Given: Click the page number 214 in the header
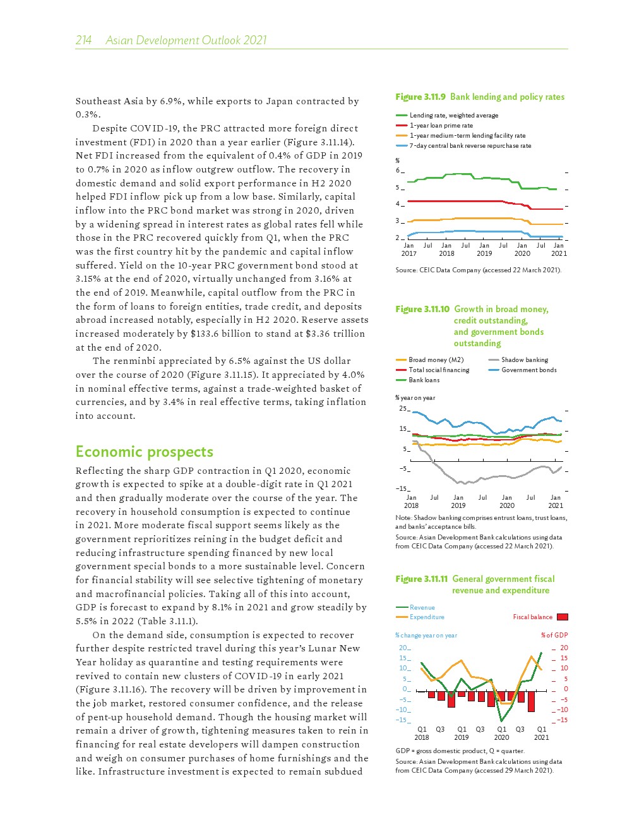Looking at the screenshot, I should pos(83,40).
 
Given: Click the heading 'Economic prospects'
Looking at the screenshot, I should pos(144,452).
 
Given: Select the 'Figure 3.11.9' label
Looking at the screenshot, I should pos(420,97).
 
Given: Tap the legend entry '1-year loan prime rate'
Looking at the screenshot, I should pos(441,125).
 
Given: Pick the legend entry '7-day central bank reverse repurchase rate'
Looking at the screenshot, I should pos(470,145).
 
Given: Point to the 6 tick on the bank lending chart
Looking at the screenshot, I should pos(398,171).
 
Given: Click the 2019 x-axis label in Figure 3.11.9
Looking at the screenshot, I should pos(484,253).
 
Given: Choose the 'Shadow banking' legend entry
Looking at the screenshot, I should pos(524,360).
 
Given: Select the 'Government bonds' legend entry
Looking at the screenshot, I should pos(528,370).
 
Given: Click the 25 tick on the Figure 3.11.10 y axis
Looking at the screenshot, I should pos(402,408).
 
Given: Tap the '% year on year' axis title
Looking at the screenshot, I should pos(415,397).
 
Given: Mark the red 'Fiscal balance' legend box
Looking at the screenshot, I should pos(562,617).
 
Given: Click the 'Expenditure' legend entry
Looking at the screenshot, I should pos(427,617).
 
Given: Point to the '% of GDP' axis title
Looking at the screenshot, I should pos(554,635).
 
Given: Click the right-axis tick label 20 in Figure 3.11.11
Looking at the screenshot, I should pos(564,648).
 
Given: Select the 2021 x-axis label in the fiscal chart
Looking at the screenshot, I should pos(541,737).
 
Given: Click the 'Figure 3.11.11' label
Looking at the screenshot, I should pos(422,579).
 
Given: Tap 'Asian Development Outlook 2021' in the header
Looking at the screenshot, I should pos(186,40).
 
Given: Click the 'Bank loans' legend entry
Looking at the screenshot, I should pos(424,380).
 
